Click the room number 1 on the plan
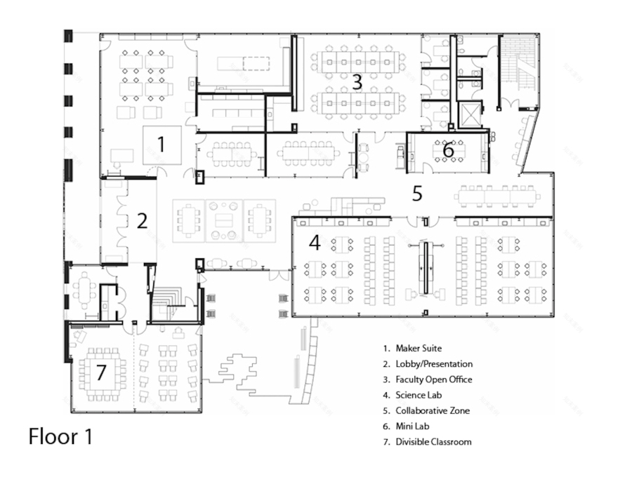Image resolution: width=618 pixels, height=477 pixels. click(x=162, y=145)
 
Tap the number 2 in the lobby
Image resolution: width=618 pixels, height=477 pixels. click(x=142, y=221)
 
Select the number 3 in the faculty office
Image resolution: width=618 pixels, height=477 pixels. click(x=357, y=82)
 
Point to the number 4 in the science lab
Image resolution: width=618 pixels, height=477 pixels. click(x=315, y=243)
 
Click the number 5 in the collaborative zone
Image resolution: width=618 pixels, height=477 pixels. click(x=417, y=194)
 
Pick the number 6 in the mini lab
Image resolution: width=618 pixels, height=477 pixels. click(x=448, y=149)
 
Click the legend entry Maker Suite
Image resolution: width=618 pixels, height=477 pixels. click(x=419, y=348)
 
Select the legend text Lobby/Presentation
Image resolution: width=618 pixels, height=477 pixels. click(x=433, y=364)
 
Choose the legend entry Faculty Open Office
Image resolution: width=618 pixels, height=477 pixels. click(x=433, y=379)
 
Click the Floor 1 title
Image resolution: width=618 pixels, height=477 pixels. click(x=60, y=436)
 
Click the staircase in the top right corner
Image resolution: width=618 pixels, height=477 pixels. click(x=520, y=70)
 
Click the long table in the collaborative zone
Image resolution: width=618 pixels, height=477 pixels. click(x=497, y=196)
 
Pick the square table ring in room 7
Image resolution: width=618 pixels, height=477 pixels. click(x=103, y=374)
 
